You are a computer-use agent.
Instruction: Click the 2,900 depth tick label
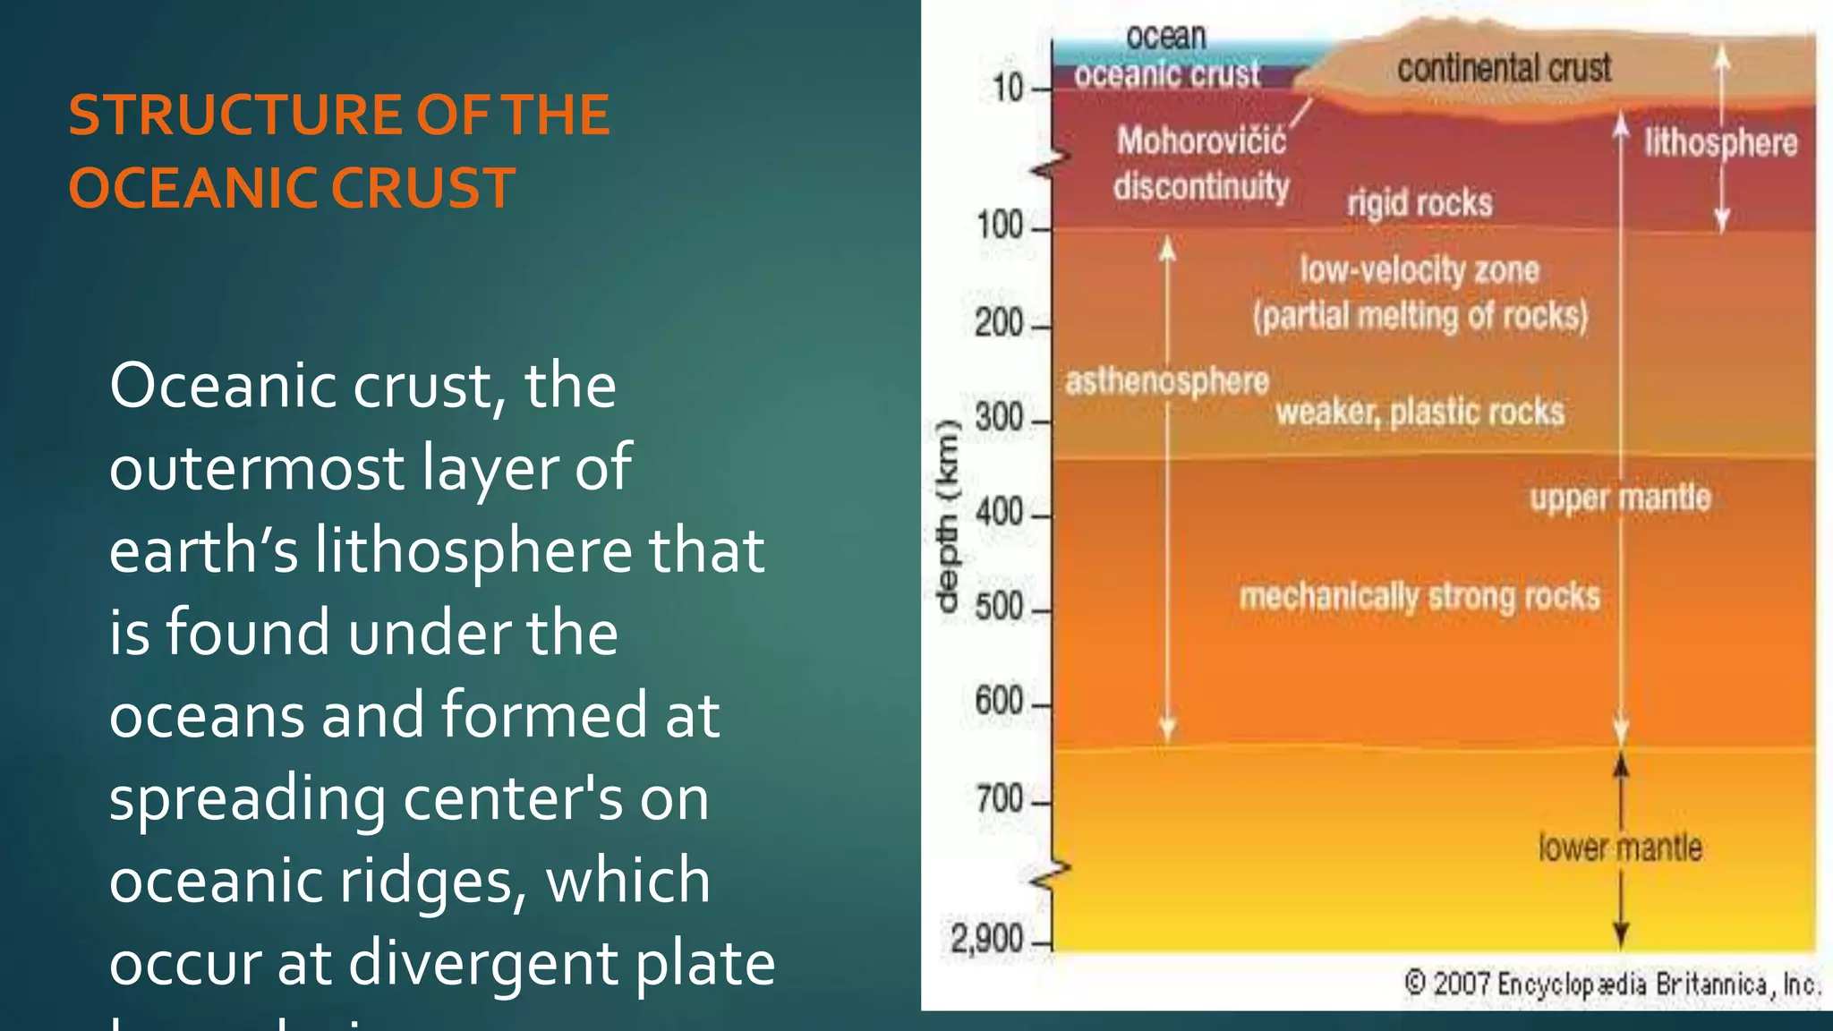(x=986, y=940)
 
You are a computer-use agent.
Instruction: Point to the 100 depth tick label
(x=1000, y=226)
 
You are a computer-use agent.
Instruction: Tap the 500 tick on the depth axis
(x=999, y=608)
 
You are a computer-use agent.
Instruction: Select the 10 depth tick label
(x=1008, y=88)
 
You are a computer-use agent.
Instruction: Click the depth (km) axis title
(x=947, y=515)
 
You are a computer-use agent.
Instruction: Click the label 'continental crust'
(x=1504, y=69)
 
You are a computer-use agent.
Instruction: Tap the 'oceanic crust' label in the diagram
(x=1167, y=74)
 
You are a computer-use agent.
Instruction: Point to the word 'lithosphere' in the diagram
(x=1720, y=143)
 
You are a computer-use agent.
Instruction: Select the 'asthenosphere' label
(x=1167, y=382)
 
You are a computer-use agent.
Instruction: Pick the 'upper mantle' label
(x=1620, y=498)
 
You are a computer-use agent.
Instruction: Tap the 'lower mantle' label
(x=1620, y=848)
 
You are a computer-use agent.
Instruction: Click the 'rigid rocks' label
(x=1420, y=203)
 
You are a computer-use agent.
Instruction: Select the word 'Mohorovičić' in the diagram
(x=1201, y=141)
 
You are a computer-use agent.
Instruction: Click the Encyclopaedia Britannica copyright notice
(x=1611, y=984)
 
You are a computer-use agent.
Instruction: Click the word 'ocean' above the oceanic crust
(x=1166, y=37)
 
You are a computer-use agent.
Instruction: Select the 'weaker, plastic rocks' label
(x=1420, y=413)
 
